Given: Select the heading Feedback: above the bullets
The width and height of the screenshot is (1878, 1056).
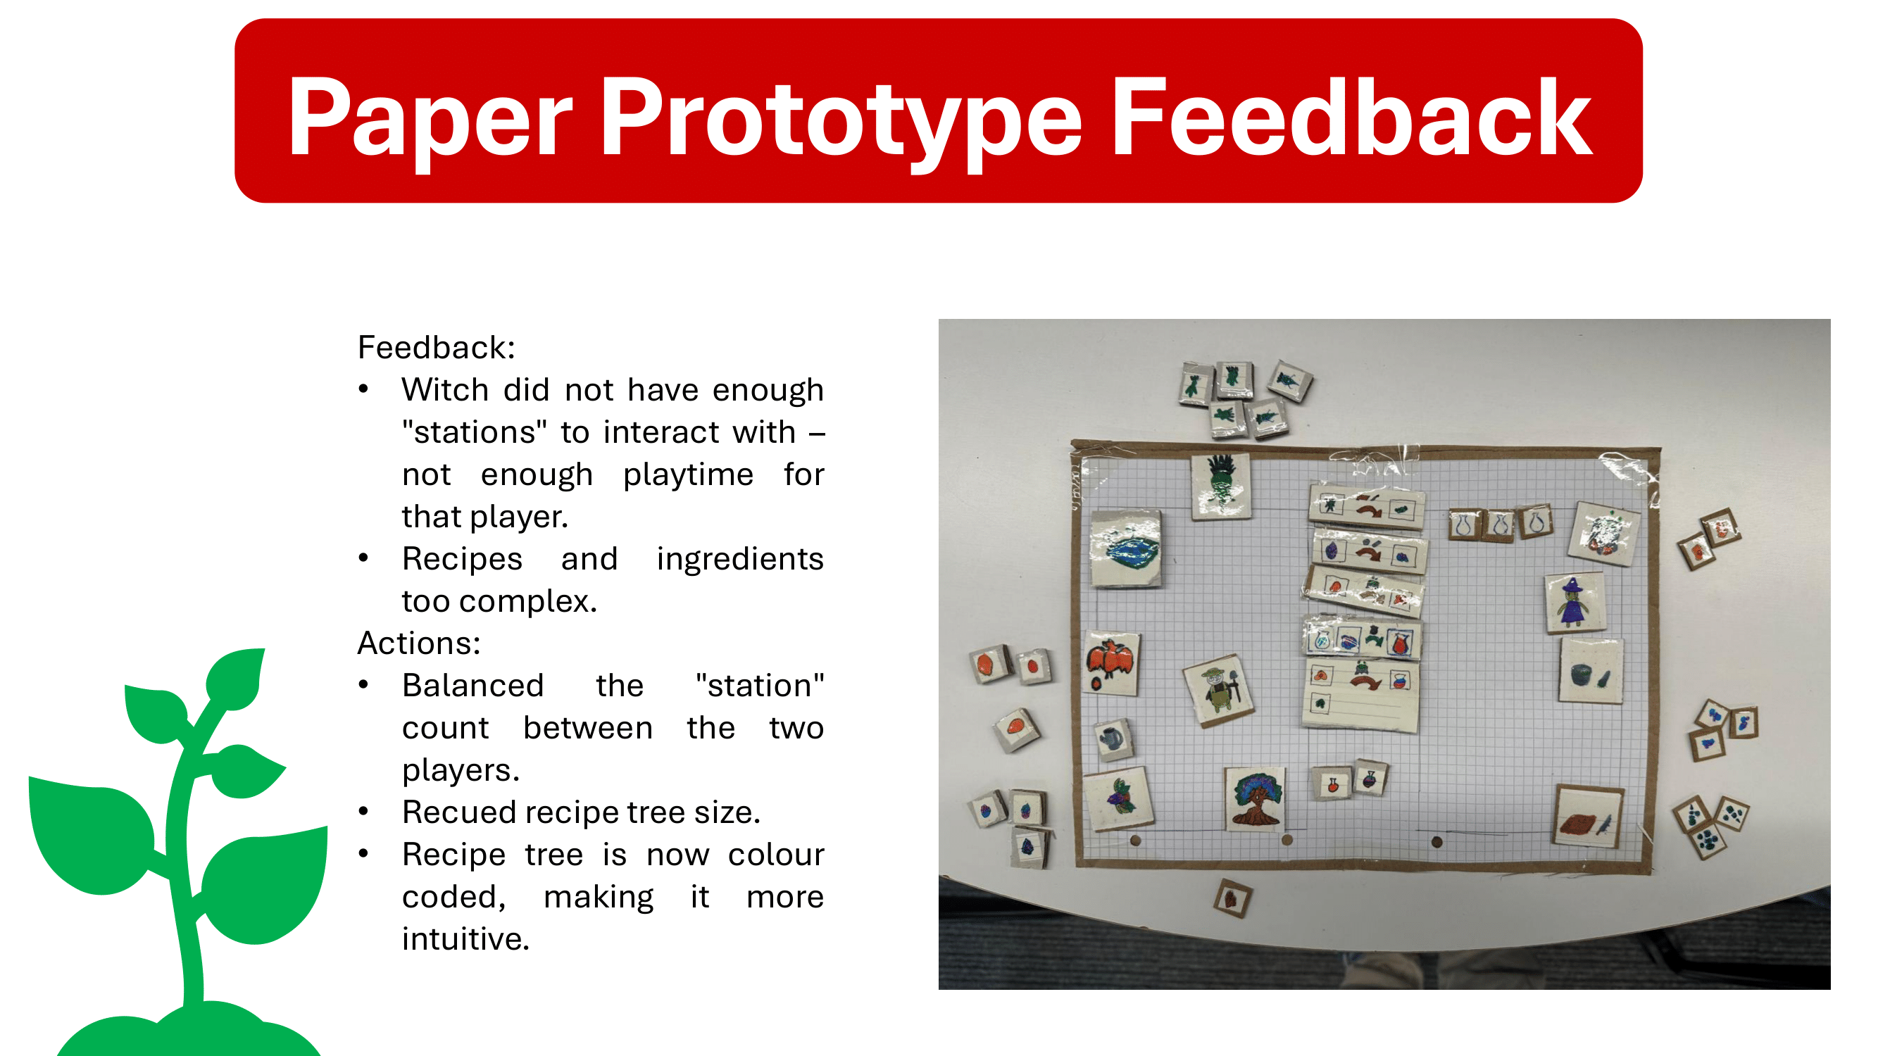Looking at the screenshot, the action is pos(436,348).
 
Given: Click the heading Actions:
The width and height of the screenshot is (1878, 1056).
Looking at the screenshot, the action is pos(419,643).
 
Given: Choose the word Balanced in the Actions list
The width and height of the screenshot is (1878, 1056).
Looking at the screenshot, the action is pos(472,686).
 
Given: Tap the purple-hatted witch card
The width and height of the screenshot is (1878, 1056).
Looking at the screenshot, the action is pos(1575,602).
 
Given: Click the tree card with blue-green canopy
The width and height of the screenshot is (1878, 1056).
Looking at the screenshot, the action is pos(1255,798).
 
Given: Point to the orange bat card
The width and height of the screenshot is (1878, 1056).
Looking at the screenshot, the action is pos(1111,662).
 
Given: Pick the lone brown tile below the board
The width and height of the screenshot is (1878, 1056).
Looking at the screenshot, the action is pos(1233,898).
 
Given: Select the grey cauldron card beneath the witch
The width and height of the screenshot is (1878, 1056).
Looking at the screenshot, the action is pos(1591,671).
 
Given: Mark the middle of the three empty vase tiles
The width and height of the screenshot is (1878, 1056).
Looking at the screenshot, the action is pos(1500,524).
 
